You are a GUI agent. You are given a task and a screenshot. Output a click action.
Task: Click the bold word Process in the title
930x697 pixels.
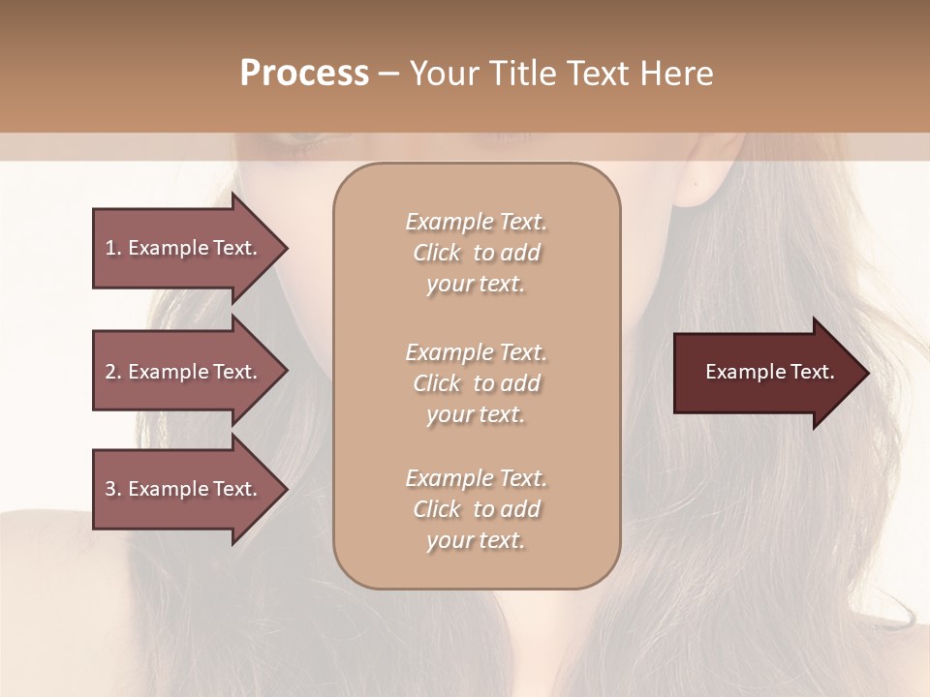coord(304,73)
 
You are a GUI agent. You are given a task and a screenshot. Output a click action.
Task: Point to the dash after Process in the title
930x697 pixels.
coord(389,74)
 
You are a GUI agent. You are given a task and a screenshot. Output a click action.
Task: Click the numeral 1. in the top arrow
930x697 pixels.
coord(113,248)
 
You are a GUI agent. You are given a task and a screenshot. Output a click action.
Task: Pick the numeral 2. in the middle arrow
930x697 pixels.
coord(113,372)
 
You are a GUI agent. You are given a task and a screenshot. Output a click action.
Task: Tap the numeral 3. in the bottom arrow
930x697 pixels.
coord(113,489)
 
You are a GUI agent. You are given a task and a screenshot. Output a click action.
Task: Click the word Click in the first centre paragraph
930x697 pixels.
coord(438,253)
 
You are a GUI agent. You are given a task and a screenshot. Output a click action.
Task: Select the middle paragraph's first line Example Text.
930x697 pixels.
coord(476,352)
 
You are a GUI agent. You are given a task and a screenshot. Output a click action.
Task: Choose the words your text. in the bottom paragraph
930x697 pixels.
coord(476,540)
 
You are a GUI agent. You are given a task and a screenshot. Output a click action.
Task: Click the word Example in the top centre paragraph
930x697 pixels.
coord(449,222)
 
